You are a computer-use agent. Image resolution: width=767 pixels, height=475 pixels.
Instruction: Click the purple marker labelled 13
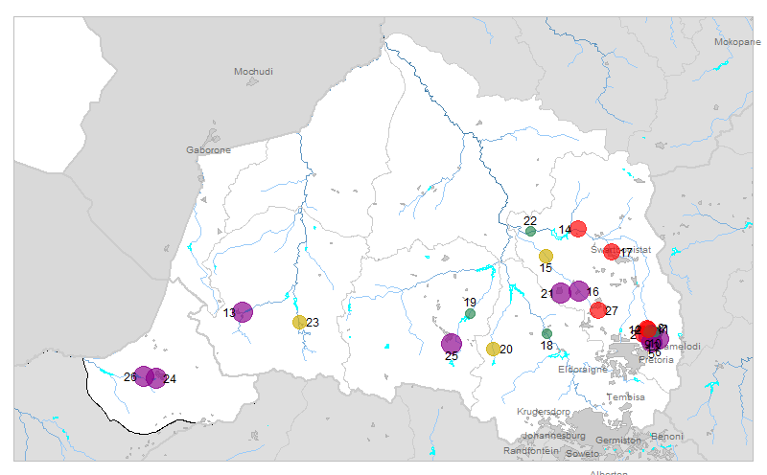(x=243, y=312)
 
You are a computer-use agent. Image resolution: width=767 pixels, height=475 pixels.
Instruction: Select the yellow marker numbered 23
(x=299, y=323)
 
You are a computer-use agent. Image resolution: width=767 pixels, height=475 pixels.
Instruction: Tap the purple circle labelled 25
(x=452, y=343)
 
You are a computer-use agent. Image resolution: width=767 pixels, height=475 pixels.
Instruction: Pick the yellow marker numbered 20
(x=493, y=350)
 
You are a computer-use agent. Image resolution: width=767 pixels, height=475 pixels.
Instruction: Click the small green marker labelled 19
(x=470, y=313)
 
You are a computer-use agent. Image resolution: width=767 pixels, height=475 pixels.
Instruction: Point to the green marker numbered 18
(x=546, y=333)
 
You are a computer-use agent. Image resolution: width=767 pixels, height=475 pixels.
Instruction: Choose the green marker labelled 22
(x=530, y=231)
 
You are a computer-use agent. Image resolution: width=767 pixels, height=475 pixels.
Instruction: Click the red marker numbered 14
(x=578, y=229)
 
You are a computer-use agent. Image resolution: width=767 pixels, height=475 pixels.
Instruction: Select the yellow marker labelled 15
(x=546, y=256)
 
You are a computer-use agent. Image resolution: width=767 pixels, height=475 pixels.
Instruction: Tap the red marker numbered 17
(x=612, y=252)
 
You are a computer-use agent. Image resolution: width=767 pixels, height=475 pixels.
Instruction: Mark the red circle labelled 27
(x=598, y=310)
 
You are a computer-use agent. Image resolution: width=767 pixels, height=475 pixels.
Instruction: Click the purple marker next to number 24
(x=156, y=377)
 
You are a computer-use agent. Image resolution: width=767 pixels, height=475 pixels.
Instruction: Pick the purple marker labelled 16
(x=579, y=291)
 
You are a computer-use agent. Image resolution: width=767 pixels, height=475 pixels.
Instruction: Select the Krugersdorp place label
(x=543, y=412)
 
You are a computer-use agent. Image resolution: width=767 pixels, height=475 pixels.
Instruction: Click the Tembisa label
(x=625, y=396)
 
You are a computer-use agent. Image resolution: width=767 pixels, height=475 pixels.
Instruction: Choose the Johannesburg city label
(x=553, y=436)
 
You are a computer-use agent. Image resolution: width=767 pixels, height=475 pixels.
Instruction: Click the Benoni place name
(x=666, y=437)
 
